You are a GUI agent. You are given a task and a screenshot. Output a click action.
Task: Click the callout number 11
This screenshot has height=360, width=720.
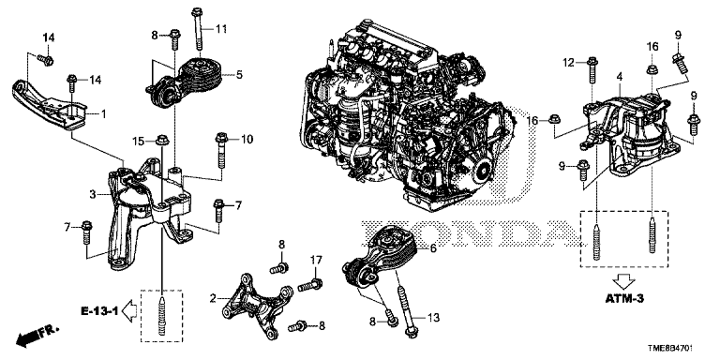[x=221, y=29]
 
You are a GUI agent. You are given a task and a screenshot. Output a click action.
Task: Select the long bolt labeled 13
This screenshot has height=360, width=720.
[x=405, y=310]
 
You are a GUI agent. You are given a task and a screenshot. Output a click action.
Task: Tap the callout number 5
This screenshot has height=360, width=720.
[x=239, y=74]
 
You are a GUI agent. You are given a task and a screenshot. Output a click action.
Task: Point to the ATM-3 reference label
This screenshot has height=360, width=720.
[x=623, y=298]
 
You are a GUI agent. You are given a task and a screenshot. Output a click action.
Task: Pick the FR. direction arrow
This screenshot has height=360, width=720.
[x=37, y=336]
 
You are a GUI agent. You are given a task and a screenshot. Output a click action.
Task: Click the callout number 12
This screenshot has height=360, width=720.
[x=569, y=63]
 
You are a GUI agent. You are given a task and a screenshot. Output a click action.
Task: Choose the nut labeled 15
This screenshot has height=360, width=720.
[x=161, y=139]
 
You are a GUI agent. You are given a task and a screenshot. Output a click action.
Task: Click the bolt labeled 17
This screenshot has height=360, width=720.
[x=310, y=285]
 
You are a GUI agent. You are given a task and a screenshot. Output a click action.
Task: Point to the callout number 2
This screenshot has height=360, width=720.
[x=213, y=299]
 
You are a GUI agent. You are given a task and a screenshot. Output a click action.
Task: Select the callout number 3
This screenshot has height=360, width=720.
[x=92, y=195]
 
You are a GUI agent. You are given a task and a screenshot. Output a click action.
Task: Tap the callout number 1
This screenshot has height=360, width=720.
[x=103, y=113]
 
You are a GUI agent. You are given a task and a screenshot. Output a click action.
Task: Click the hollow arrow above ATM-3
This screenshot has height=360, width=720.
[x=624, y=280]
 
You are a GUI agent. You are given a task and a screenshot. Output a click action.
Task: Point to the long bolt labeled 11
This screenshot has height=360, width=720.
[x=198, y=28]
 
